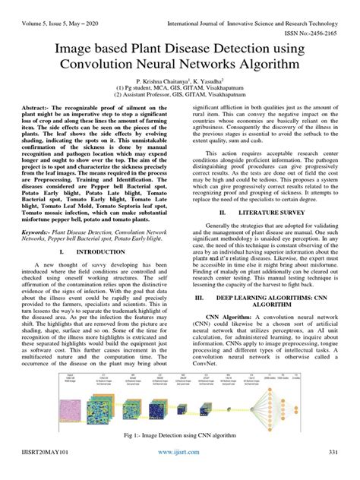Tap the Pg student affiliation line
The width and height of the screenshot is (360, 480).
pos(179,90)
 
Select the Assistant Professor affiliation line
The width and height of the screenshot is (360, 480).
pos(179,97)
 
